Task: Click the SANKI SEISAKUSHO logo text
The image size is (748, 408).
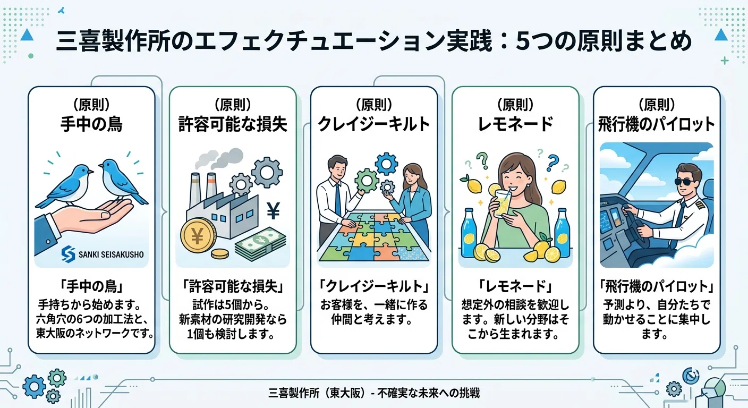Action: pyautogui.click(x=111, y=254)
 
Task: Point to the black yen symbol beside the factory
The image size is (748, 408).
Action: pyautogui.click(x=273, y=211)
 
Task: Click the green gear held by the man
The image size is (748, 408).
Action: pyautogui.click(x=367, y=181)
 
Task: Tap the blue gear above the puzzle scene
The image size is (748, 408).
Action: pyautogui.click(x=386, y=164)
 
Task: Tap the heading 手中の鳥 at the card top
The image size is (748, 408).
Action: pyautogui.click(x=91, y=124)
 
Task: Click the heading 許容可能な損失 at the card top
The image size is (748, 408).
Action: pyautogui.click(x=233, y=124)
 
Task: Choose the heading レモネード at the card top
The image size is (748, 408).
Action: pyautogui.click(x=515, y=124)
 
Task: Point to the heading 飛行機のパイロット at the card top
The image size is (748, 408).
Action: pyautogui.click(x=657, y=124)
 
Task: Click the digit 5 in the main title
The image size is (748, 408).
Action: pyautogui.click(x=522, y=41)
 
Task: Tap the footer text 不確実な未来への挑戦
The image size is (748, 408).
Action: pyautogui.click(x=428, y=393)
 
